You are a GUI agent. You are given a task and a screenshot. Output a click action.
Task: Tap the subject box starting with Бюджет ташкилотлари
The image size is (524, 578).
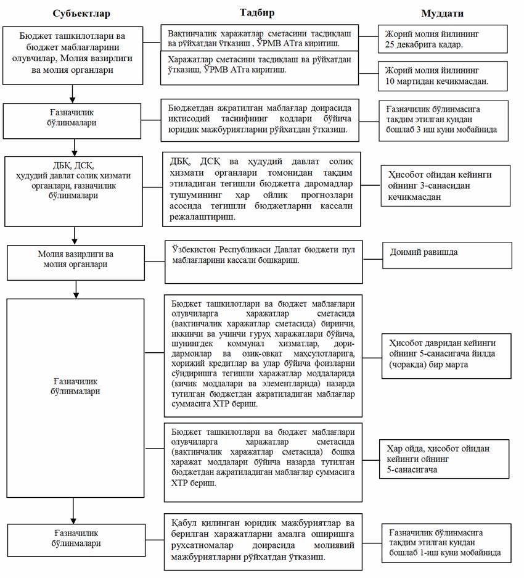pos(73,55)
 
